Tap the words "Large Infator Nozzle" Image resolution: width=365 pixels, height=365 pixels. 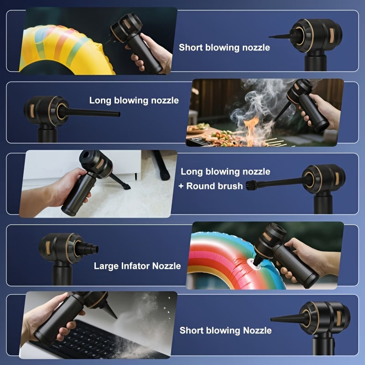137,266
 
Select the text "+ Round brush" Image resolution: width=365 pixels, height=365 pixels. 211,186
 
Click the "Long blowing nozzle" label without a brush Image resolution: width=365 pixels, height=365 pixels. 134,100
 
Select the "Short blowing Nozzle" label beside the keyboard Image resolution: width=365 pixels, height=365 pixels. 225,330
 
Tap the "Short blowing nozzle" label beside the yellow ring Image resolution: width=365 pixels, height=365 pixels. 224,47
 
